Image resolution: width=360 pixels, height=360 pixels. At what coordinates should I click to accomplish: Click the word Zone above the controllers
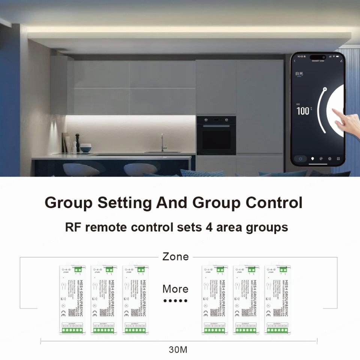175,257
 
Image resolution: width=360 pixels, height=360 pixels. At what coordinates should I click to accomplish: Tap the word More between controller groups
175,289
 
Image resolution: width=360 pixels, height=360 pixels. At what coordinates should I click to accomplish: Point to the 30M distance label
178,350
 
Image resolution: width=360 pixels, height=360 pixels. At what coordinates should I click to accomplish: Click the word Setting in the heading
124,203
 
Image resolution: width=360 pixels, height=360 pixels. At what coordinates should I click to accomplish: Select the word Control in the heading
274,203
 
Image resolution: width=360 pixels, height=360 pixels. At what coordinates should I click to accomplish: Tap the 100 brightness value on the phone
303,111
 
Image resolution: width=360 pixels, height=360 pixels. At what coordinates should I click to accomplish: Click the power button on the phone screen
300,159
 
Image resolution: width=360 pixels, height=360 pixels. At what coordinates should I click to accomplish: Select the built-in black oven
216,135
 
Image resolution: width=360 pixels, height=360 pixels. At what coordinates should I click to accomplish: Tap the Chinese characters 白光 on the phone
299,74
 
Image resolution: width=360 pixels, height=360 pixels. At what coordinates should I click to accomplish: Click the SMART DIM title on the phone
318,60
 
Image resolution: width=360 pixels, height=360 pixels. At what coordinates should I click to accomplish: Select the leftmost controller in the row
72,300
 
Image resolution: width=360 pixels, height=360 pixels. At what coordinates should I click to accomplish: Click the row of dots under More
175,301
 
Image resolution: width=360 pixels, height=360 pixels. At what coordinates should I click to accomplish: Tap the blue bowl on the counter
86,148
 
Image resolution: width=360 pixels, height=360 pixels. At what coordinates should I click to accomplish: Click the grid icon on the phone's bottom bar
338,159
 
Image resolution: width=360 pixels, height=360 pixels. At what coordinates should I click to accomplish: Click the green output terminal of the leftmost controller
72,330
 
